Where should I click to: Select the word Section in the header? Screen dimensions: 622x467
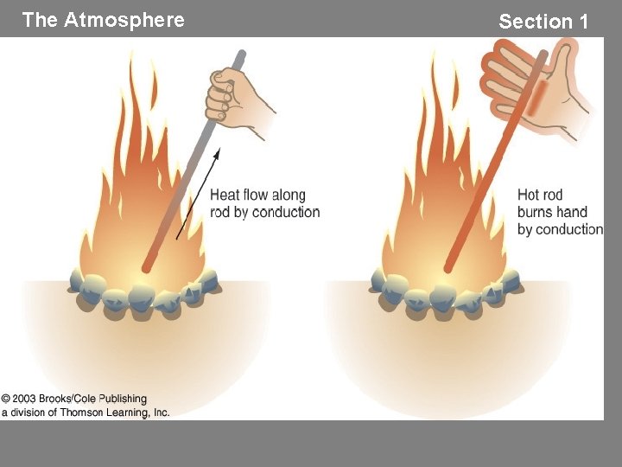point(536,22)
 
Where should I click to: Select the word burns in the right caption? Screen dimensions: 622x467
point(537,212)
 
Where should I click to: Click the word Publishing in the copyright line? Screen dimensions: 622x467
point(123,400)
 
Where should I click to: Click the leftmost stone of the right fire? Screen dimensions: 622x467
point(378,279)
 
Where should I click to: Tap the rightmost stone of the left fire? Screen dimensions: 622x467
point(210,278)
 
